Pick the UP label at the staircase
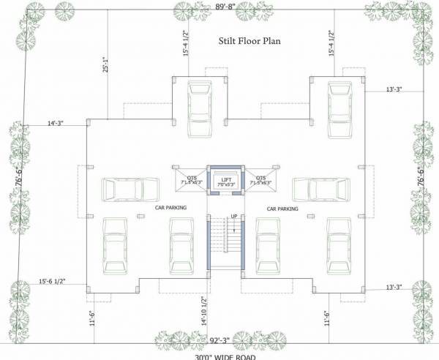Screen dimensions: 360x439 pos(233,217)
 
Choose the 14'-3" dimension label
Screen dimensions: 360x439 pos(57,124)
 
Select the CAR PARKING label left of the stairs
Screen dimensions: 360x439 pos(170,208)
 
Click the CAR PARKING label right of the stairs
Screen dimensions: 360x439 pos(282,208)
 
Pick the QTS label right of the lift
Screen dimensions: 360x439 pos(260,176)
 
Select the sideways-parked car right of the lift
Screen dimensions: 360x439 pos(320,190)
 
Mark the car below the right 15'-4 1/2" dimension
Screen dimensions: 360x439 pos(339,105)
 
